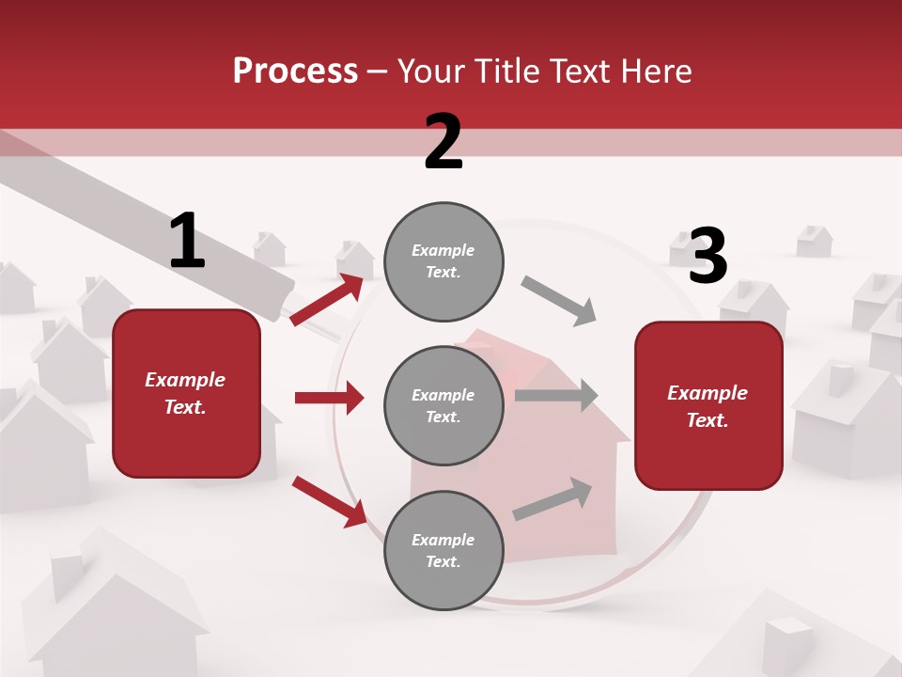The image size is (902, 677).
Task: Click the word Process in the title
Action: coord(295,71)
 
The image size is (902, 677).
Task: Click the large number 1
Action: coord(187,241)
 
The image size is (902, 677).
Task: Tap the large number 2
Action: coord(443,142)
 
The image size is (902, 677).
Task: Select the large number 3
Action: coord(708,256)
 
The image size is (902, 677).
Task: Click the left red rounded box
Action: coord(186,393)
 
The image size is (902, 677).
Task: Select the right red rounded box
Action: coord(708,406)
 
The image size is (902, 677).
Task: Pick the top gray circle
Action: coord(443,261)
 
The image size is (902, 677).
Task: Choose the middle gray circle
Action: coord(443,405)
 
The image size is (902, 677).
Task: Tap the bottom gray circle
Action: coord(443,550)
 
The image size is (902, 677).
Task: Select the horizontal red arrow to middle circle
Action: coord(329,398)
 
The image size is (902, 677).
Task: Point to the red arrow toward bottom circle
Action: coord(329,500)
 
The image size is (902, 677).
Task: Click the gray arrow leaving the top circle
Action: coord(559,301)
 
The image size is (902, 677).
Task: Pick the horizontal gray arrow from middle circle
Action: coord(556,396)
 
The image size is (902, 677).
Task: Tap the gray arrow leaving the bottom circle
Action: coord(552,499)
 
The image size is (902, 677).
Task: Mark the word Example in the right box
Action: coord(708,393)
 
